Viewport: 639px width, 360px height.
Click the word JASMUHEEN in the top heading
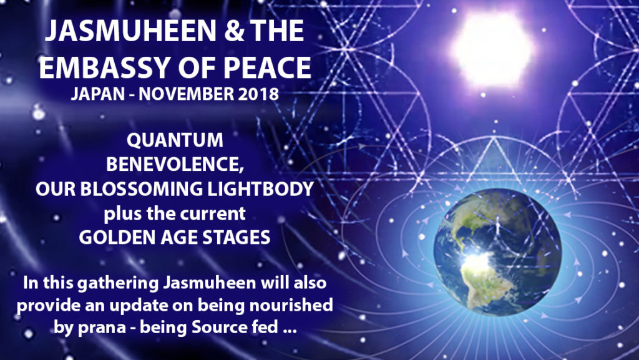[130, 31]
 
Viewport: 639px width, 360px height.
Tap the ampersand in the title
[233, 31]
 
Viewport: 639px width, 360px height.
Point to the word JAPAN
[98, 94]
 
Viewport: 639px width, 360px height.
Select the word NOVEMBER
[186, 94]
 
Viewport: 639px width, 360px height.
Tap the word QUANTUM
[175, 140]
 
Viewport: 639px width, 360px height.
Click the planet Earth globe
[497, 252]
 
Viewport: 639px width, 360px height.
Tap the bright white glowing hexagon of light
[492, 49]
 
